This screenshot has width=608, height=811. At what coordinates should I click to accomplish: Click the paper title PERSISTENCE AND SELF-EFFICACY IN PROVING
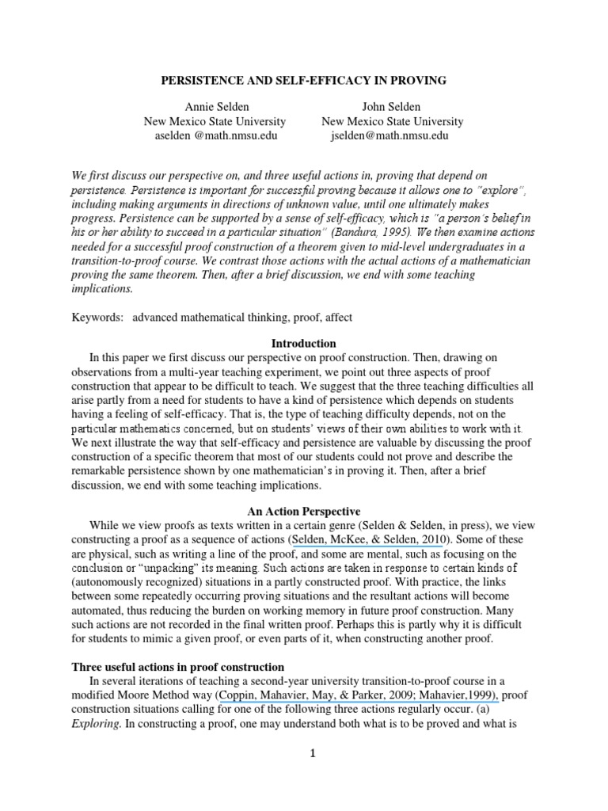click(x=304, y=81)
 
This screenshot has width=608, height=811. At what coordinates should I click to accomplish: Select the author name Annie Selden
click(x=214, y=107)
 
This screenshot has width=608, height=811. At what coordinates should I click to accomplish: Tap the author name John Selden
click(x=392, y=107)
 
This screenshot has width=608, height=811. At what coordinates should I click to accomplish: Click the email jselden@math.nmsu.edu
click(x=392, y=135)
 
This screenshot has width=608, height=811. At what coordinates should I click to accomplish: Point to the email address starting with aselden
click(x=214, y=135)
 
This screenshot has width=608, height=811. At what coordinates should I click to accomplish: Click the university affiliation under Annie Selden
click(x=214, y=121)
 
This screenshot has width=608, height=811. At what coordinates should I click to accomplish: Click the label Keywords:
click(x=96, y=318)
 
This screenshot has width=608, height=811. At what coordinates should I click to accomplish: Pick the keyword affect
click(x=336, y=318)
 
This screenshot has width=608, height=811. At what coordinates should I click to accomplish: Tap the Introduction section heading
click(x=304, y=344)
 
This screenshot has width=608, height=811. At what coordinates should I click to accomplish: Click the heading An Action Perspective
click(x=304, y=512)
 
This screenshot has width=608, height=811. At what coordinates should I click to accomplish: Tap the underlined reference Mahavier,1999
click(x=461, y=695)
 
